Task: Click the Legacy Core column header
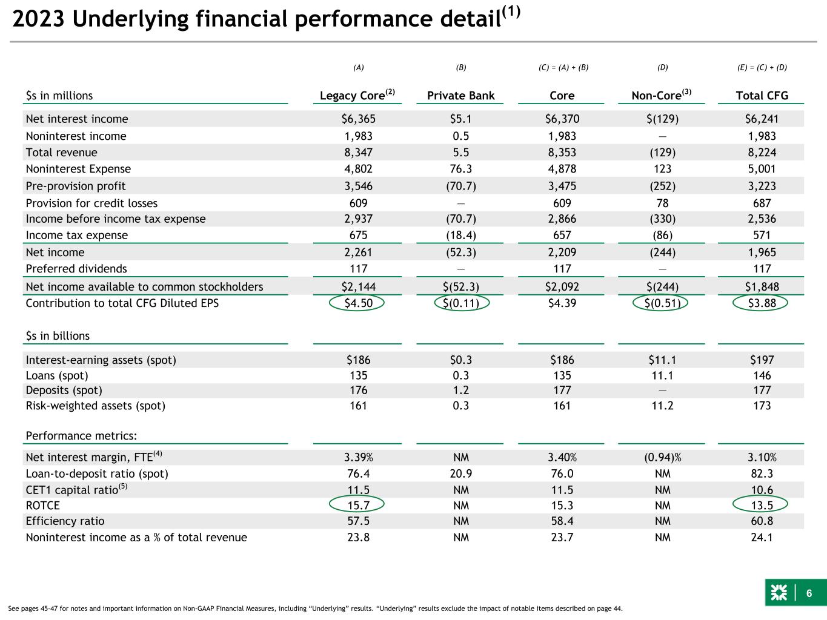[x=357, y=94]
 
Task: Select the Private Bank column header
[x=460, y=96]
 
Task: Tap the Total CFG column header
[x=762, y=96]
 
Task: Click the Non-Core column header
[x=662, y=94]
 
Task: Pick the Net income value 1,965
[x=762, y=252]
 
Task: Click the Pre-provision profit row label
[x=75, y=186]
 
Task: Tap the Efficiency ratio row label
[x=65, y=521]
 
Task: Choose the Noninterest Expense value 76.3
[x=460, y=169]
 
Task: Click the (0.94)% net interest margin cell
[x=662, y=457]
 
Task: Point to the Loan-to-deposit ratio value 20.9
[x=460, y=473]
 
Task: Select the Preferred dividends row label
[x=76, y=269]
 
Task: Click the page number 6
[x=809, y=593]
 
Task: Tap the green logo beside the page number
[x=779, y=593]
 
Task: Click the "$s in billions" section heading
[x=58, y=336]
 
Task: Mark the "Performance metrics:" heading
[x=81, y=436]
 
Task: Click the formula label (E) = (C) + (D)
[x=762, y=68]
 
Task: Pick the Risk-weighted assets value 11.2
[x=662, y=406]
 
